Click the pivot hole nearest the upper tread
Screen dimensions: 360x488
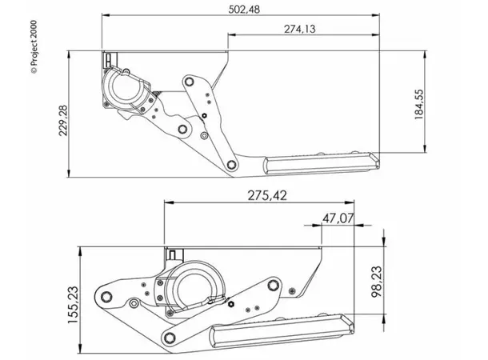[x=230, y=165]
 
